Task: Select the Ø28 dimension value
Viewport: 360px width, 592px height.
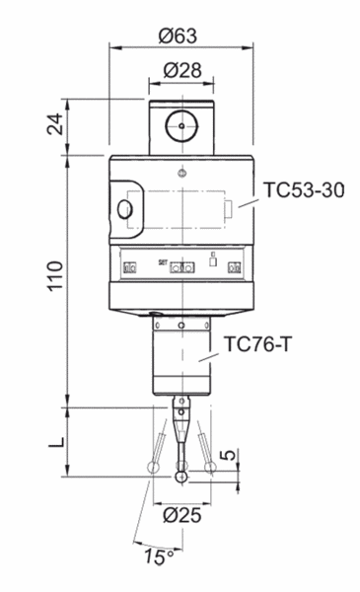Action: [180, 72]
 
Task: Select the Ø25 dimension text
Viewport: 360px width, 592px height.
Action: [180, 514]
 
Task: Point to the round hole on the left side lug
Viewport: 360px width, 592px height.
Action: [123, 210]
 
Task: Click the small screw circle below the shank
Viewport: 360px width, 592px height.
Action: [180, 173]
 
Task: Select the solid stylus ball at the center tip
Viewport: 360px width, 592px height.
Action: [180, 478]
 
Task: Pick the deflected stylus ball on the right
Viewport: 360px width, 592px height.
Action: [212, 467]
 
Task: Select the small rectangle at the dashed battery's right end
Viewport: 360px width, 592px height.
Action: [228, 208]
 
